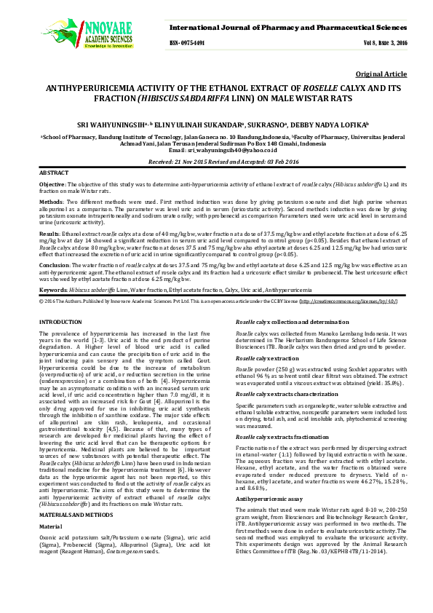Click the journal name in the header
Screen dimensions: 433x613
(x=284, y=27)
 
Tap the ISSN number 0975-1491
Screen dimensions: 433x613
(x=187, y=44)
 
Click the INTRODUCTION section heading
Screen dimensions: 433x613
(x=61, y=321)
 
